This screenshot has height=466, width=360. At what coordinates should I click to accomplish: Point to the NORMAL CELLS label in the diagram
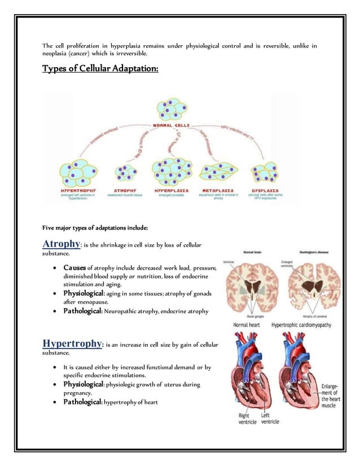pyautogui.click(x=172, y=125)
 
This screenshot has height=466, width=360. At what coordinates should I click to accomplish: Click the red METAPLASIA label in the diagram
pyautogui.click(x=217, y=191)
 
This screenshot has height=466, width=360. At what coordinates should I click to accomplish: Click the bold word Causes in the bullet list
pyautogui.click(x=74, y=267)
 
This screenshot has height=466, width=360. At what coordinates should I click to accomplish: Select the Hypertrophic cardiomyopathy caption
pyautogui.click(x=301, y=325)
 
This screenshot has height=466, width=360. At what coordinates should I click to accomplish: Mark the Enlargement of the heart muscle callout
pyautogui.click(x=333, y=397)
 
